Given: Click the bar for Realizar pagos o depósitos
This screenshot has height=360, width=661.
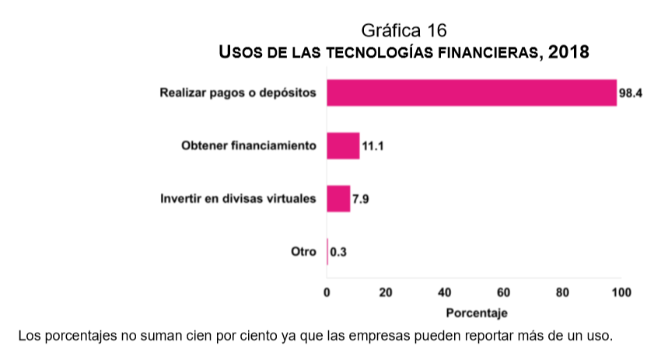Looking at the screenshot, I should (x=471, y=93).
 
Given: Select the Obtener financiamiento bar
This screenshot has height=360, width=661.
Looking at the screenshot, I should (x=343, y=145).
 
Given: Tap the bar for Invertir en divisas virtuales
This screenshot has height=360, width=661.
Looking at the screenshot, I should (x=338, y=198).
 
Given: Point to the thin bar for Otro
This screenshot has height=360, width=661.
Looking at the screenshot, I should (x=327, y=251).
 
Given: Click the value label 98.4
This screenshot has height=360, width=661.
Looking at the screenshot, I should (x=629, y=93).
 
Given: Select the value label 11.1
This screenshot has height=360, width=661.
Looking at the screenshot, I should (x=372, y=146).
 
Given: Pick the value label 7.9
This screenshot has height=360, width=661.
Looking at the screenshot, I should (x=360, y=199).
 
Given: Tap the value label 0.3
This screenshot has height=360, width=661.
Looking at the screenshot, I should (x=338, y=252).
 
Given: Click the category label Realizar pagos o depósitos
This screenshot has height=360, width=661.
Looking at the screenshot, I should (x=238, y=93).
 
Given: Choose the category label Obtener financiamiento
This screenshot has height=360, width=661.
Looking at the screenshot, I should (x=249, y=145).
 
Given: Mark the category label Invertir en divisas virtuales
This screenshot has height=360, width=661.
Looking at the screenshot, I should (x=238, y=198).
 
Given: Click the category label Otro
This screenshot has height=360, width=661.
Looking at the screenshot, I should (x=303, y=251).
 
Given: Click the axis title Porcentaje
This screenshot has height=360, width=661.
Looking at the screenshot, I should (x=477, y=313).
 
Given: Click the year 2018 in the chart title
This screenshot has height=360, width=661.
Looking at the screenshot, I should (x=569, y=53).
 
